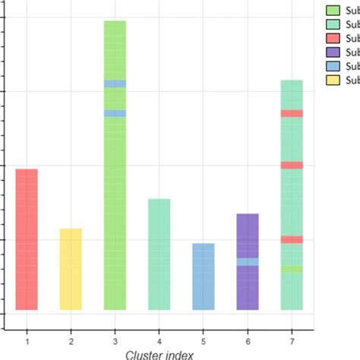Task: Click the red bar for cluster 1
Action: (x=27, y=239)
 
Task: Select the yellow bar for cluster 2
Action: (x=71, y=269)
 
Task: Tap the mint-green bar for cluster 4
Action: (x=159, y=254)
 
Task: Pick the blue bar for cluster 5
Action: (x=203, y=276)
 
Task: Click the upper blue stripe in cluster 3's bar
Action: (x=115, y=84)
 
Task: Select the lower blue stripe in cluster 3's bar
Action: (x=115, y=113)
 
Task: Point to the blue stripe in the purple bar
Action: (x=248, y=261)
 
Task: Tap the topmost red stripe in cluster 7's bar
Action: (x=292, y=113)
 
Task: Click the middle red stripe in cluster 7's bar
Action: (x=292, y=165)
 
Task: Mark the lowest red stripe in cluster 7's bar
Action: (x=292, y=239)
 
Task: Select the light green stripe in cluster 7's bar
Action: (x=292, y=269)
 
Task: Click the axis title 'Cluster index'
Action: (x=159, y=353)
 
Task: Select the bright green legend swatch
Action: (x=332, y=11)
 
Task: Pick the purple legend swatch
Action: (x=332, y=52)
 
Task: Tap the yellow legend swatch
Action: (x=332, y=80)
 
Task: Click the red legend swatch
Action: (x=332, y=39)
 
